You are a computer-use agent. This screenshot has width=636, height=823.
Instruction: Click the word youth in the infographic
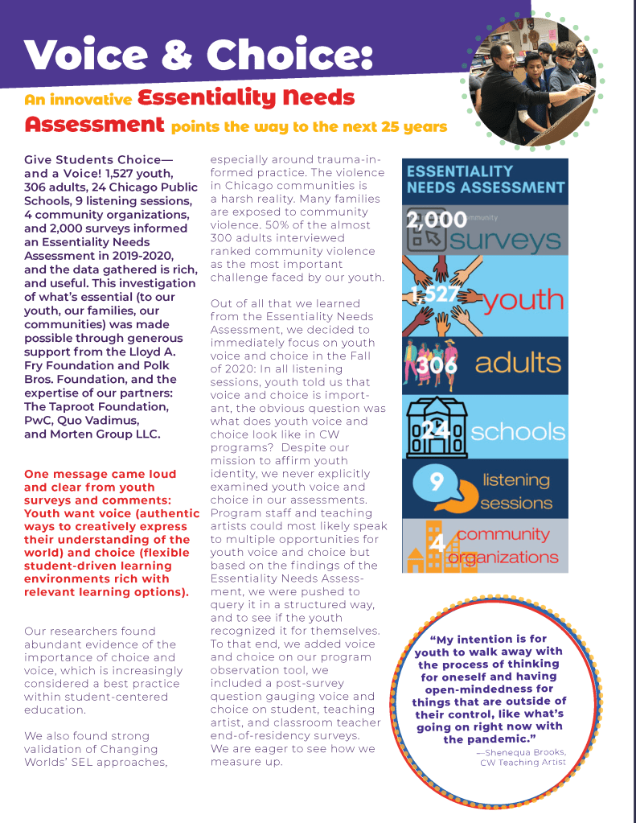click(x=523, y=299)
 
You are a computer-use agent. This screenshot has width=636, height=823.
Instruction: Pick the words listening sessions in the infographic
click(x=515, y=492)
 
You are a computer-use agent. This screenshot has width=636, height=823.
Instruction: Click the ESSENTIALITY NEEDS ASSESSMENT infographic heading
click(x=485, y=179)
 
